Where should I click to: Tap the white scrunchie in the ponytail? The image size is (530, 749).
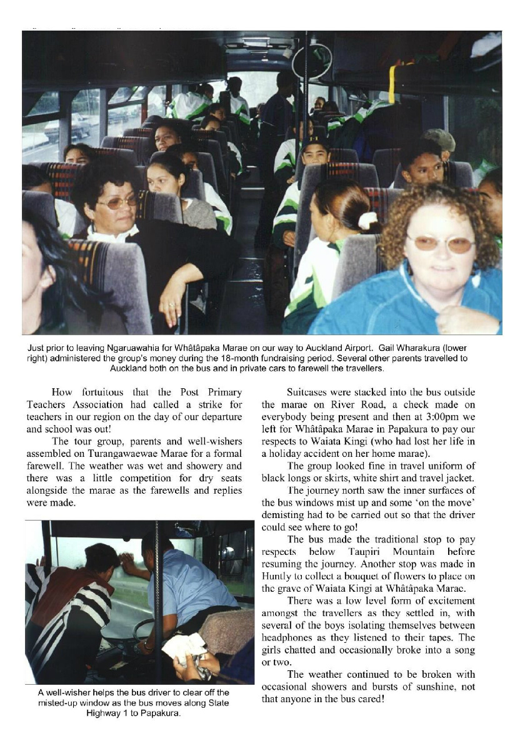pyautogui.click(x=367, y=220)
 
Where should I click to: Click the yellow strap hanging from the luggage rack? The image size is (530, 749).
pyautogui.click(x=392, y=84)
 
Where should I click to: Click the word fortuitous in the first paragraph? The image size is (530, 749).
pyautogui.click(x=109, y=393)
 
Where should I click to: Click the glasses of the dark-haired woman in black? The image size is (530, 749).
pyautogui.click(x=121, y=202)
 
